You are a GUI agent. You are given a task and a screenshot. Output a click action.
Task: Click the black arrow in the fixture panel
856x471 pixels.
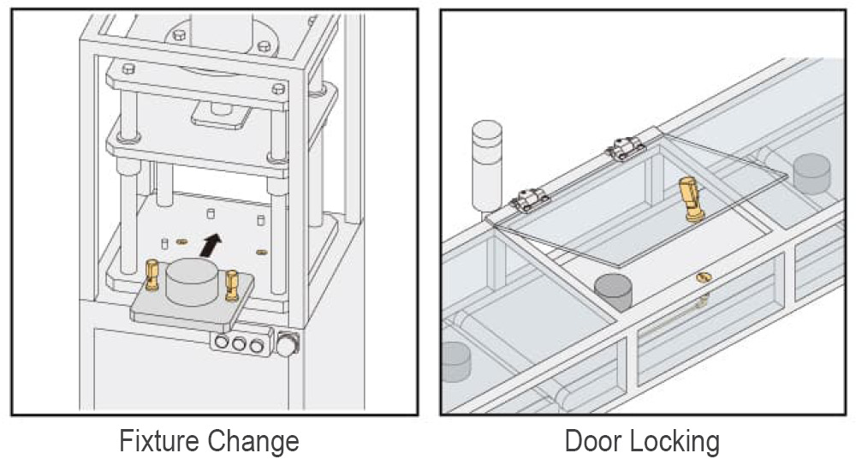coord(211,245)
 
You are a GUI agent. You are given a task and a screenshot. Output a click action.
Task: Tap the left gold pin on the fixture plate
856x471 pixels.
coord(152,275)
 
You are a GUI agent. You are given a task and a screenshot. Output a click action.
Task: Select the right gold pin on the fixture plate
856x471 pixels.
coord(232,285)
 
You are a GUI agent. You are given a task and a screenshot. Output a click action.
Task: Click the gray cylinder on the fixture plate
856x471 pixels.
coord(192,282)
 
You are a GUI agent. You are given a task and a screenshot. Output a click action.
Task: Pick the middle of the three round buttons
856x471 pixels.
coord(239,343)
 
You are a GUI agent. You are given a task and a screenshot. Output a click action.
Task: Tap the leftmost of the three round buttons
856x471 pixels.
coord(221,343)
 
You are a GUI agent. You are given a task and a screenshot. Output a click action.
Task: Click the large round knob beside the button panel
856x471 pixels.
coord(287,345)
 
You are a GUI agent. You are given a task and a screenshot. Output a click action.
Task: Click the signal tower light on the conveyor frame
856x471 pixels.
coord(486,165)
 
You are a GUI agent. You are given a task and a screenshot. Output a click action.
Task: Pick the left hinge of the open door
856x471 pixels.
coord(528,200)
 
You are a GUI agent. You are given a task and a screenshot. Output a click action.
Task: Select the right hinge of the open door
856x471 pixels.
coord(627,147)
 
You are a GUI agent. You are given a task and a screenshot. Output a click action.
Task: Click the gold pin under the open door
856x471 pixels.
coord(692,199)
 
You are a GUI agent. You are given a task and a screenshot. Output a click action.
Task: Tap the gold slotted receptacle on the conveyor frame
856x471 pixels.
coord(704,277)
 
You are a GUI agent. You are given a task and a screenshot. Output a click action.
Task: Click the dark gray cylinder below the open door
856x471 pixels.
coord(613,292)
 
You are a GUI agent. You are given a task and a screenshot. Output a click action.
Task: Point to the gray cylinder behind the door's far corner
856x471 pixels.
coord(811,173)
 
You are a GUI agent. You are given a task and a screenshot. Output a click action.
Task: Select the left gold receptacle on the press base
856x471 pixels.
coord(181,241)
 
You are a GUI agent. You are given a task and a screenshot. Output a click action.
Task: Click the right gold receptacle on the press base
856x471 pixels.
coord(261,252)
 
